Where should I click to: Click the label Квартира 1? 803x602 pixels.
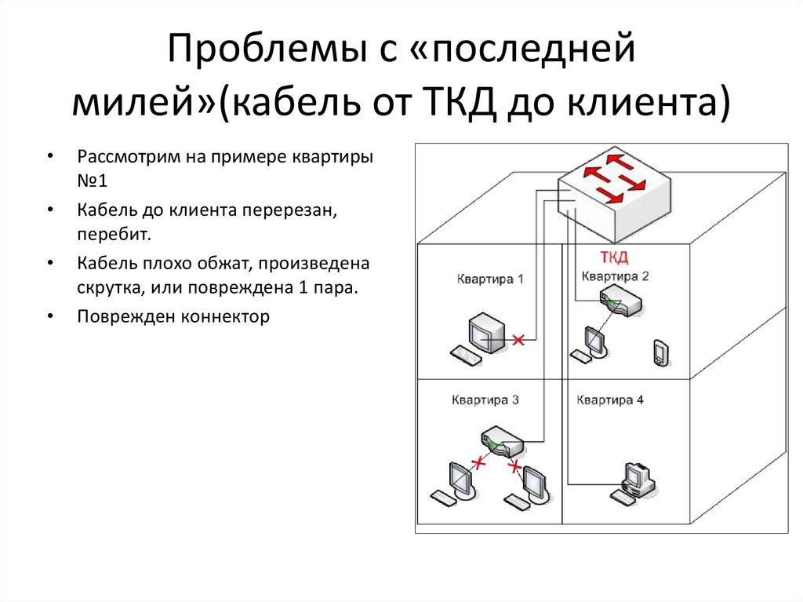pyautogui.click(x=490, y=279)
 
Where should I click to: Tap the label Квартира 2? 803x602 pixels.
pyautogui.click(x=616, y=275)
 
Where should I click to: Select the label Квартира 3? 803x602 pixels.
pyautogui.click(x=485, y=400)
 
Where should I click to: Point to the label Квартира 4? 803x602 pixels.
pyautogui.click(x=610, y=400)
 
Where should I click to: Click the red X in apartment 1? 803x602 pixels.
pyautogui.click(x=518, y=340)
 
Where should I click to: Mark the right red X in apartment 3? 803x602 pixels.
pyautogui.click(x=514, y=468)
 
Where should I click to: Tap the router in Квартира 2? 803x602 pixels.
pyautogui.click(x=620, y=301)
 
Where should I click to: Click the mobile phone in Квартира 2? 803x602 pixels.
pyautogui.click(x=659, y=353)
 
